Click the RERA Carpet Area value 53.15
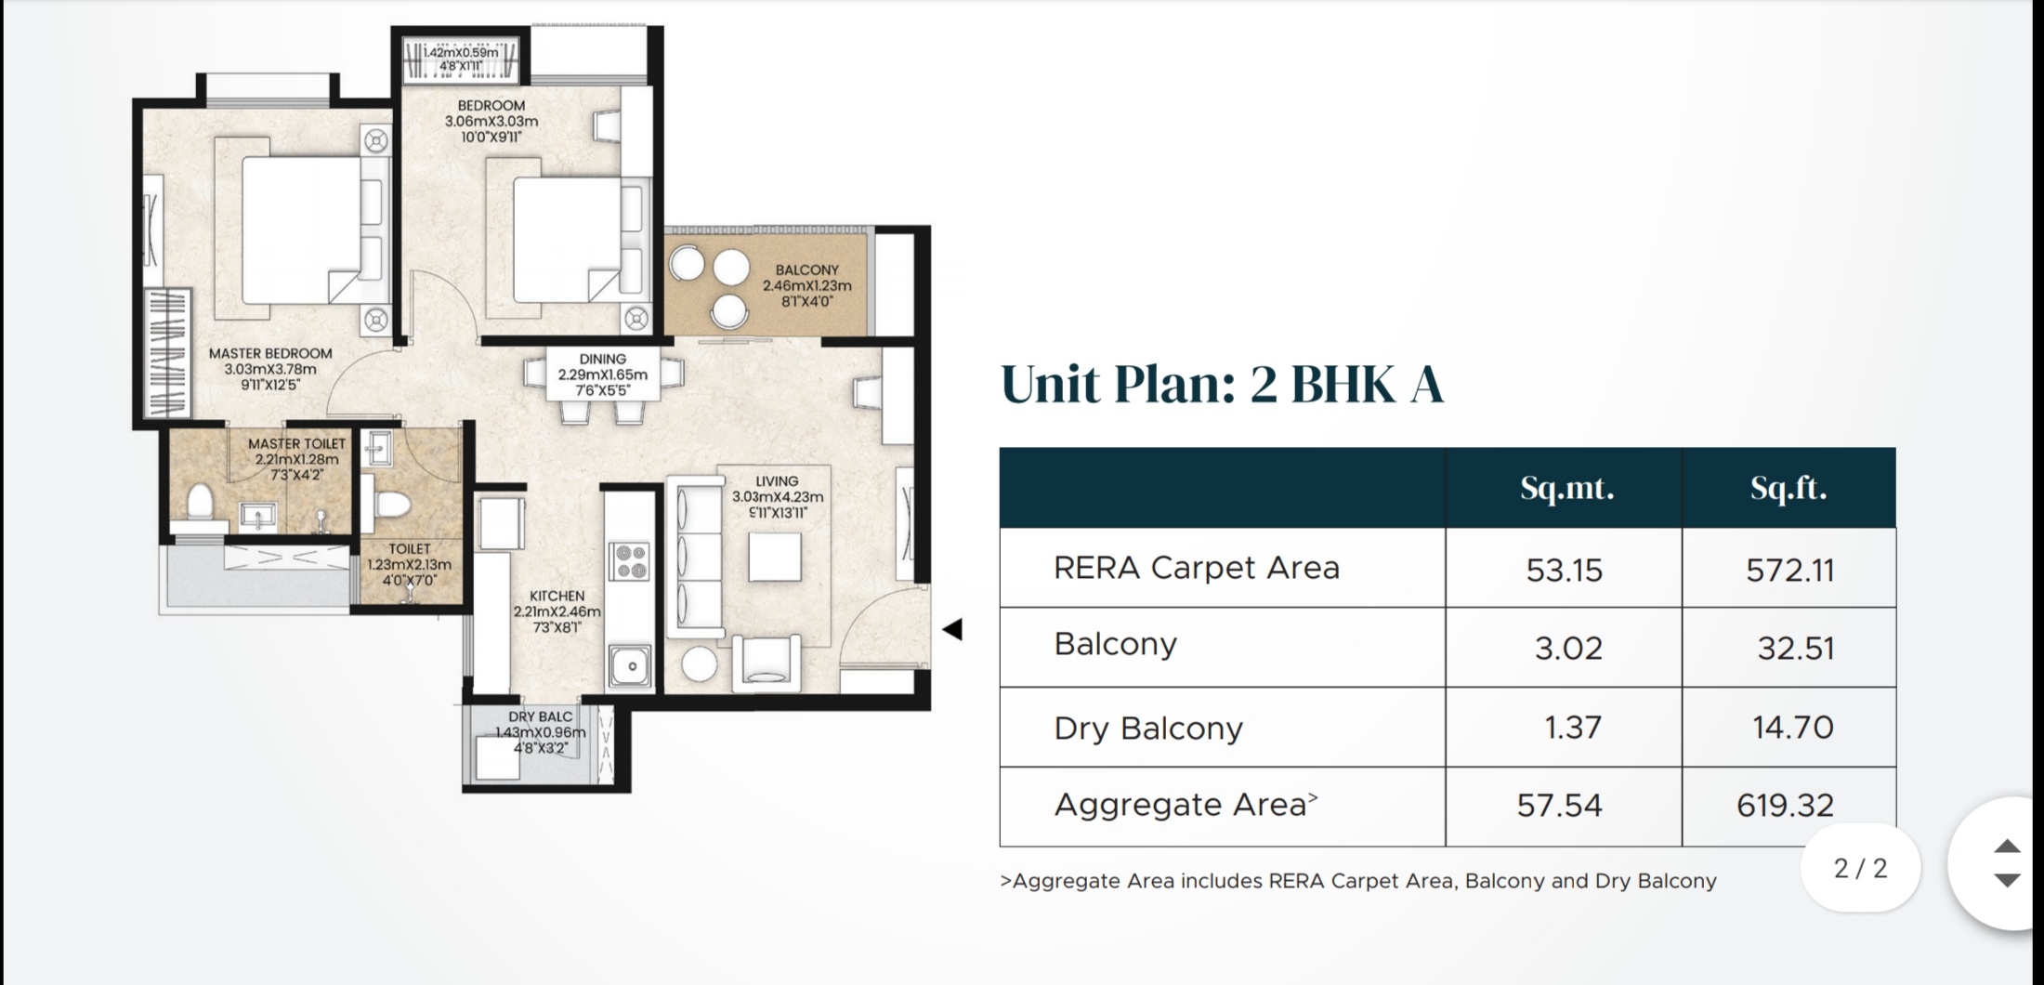pyautogui.click(x=1565, y=570)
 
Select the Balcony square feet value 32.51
pyautogui.click(x=1796, y=648)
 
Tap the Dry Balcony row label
pyautogui.click(x=1148, y=728)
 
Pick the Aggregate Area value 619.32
pyautogui.click(x=1786, y=805)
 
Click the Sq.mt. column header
pyautogui.click(x=1567, y=488)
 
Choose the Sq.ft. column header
pyautogui.click(x=1788, y=488)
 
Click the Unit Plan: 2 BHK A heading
pyautogui.click(x=1222, y=384)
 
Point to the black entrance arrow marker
pyautogui.click(x=952, y=629)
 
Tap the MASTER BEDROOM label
pyautogui.click(x=270, y=353)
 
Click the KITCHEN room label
pyautogui.click(x=557, y=596)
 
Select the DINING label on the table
pyautogui.click(x=603, y=359)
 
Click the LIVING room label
pyautogui.click(x=777, y=481)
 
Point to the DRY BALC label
pyautogui.click(x=540, y=716)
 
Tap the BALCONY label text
pyautogui.click(x=807, y=269)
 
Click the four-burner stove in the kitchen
pyautogui.click(x=628, y=560)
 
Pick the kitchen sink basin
pyautogui.click(x=632, y=666)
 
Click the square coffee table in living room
pyautogui.click(x=775, y=558)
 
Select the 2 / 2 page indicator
pyautogui.click(x=1861, y=868)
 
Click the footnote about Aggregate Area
pyautogui.click(x=1358, y=881)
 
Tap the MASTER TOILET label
pyautogui.click(x=296, y=443)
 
